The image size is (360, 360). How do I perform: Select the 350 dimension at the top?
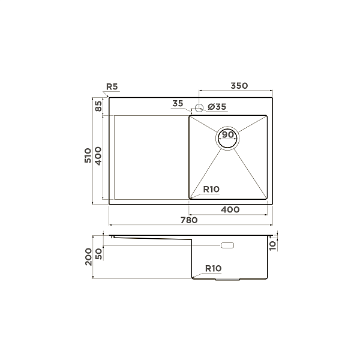pos(239,86)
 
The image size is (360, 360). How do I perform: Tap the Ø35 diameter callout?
pos(217,107)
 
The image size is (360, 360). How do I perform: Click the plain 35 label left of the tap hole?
pos(177,104)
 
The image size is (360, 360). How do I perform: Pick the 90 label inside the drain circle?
pos(228,135)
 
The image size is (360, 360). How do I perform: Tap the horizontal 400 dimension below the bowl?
pos(230,209)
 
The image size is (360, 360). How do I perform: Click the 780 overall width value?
pos(189,220)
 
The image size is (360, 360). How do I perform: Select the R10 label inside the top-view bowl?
pos(211,190)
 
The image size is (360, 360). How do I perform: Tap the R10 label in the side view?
pos(214,268)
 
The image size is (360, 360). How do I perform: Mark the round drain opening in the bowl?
pos(228,138)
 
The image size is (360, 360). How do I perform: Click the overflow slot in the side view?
pos(228,245)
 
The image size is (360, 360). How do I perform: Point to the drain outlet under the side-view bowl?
pos(228,279)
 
